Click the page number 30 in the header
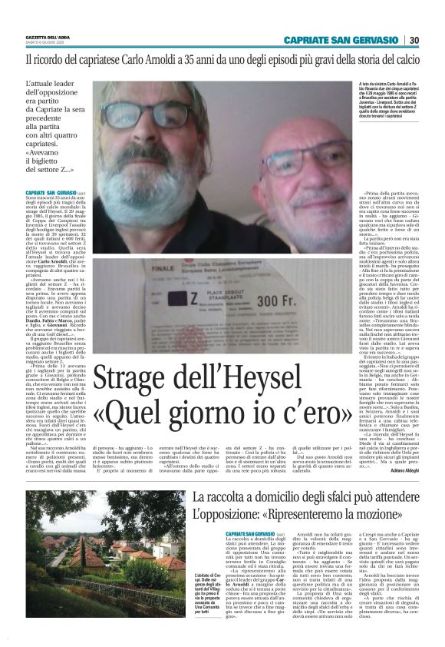click(x=414, y=41)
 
